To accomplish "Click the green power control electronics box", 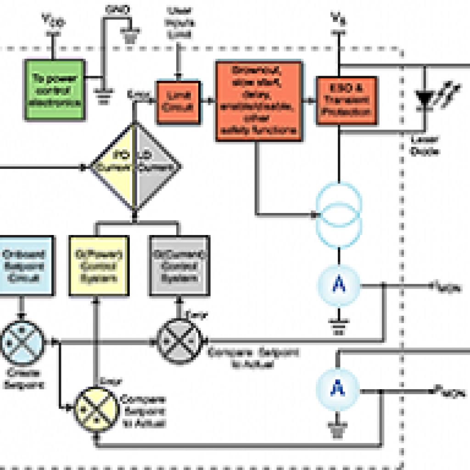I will [54, 90].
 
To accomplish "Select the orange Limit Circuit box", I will [179, 102].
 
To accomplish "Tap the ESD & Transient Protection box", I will [347, 100].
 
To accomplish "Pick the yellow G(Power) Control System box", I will [98, 266].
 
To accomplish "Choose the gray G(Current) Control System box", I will [180, 266].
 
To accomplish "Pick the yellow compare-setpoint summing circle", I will [96, 409].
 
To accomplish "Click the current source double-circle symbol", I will [339, 213].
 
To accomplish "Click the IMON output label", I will [447, 287].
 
